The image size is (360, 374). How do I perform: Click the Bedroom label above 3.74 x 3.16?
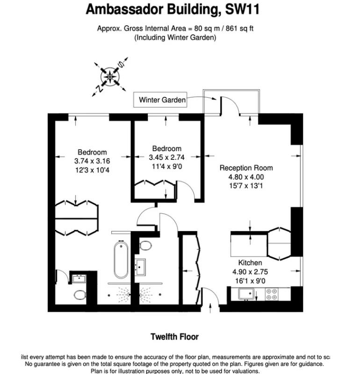[92, 152]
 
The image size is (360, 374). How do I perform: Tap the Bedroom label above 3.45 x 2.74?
[166, 149]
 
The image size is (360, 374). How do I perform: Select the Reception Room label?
[246, 168]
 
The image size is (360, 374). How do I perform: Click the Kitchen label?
[250, 263]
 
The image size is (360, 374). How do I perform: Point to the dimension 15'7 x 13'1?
[246, 186]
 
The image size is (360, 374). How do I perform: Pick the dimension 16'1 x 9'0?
[250, 280]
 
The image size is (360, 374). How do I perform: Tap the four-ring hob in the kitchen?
[271, 294]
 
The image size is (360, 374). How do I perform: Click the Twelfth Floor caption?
[174, 337]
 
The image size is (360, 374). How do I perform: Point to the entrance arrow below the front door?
[210, 307]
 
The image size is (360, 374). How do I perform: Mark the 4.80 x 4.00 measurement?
[246, 177]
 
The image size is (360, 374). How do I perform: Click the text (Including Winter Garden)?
[175, 37]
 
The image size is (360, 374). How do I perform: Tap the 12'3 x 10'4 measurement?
[92, 170]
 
